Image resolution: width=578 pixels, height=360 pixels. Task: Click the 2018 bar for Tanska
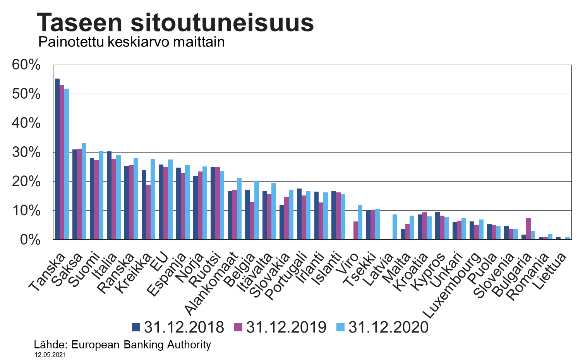(57, 159)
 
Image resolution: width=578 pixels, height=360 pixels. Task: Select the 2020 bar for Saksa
(84, 192)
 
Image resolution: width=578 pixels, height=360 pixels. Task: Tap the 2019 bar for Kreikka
(148, 212)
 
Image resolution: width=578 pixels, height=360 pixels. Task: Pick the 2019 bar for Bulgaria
(528, 229)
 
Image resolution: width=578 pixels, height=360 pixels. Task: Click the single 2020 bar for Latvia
(395, 227)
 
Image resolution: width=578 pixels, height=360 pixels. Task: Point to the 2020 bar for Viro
(360, 222)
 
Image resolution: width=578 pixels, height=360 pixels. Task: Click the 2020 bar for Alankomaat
(239, 209)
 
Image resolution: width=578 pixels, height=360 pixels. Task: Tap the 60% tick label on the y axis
(26, 65)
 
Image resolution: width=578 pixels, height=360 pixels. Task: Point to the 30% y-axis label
(26, 152)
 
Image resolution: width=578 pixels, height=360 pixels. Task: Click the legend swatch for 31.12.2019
(238, 327)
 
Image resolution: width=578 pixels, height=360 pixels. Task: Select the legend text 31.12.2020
(388, 327)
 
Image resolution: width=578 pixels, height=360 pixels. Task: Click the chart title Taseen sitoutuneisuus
(175, 22)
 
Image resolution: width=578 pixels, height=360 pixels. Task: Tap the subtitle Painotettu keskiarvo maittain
(132, 42)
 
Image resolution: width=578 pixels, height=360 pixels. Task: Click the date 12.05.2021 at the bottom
(50, 355)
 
